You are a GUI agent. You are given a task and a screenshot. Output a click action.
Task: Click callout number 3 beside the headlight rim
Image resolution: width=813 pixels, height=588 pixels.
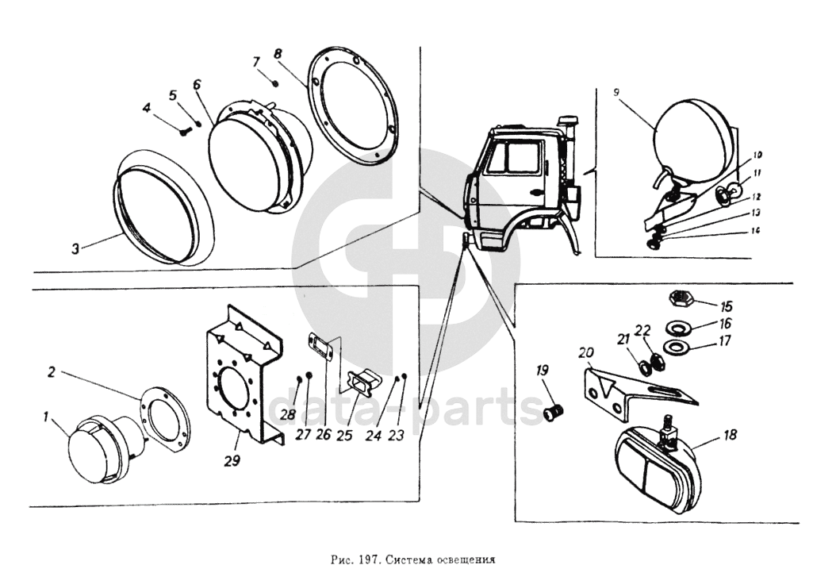pos(75,248)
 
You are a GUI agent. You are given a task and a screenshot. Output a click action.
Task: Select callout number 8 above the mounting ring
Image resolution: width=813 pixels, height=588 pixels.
pos(278,53)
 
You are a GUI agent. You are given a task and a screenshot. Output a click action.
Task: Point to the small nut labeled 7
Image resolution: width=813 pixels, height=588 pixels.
pos(274,83)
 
